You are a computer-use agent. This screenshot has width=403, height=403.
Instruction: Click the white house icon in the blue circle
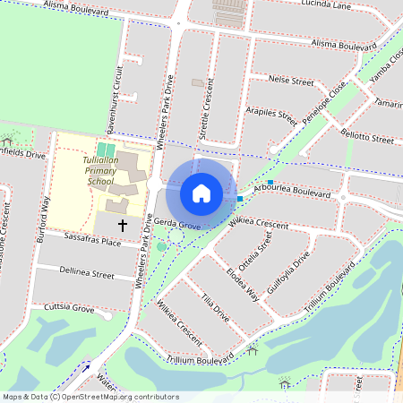(x=201, y=193)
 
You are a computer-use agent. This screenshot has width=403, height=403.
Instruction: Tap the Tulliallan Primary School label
(x=99, y=169)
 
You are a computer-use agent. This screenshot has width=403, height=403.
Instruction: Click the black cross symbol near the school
(x=122, y=226)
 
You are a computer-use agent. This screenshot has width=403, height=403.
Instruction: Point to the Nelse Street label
(x=291, y=81)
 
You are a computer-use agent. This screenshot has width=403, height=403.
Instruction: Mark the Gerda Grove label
(x=176, y=224)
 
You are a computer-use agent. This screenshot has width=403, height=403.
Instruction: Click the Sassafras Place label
(x=92, y=242)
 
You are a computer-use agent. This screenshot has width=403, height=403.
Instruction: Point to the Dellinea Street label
(x=87, y=274)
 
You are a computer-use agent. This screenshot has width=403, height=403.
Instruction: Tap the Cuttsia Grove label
(x=70, y=308)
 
